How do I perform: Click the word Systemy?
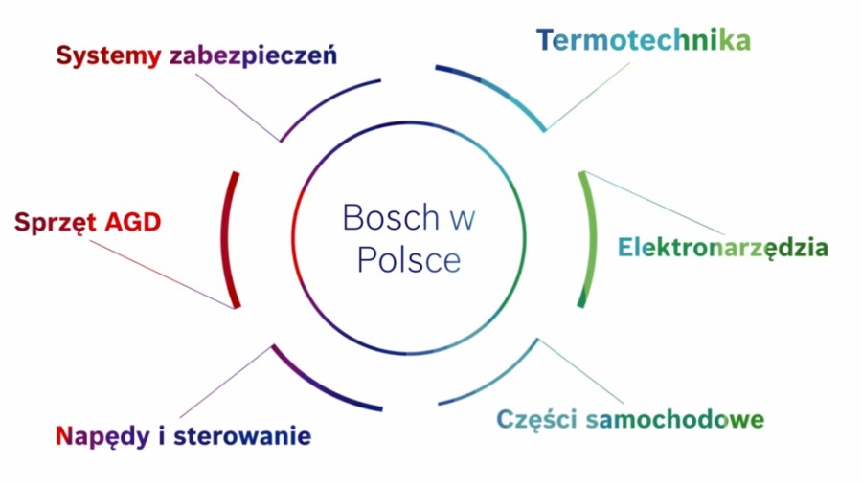(108, 56)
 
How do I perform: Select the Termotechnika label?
(644, 40)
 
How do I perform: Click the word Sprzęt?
(56, 223)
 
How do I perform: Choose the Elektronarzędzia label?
(723, 248)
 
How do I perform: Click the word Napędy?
(102, 437)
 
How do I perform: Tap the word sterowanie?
(242, 436)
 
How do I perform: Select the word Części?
(536, 420)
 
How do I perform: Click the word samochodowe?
(675, 419)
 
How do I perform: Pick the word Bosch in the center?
(391, 217)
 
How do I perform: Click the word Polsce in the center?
(409, 259)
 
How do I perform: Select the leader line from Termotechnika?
(588, 96)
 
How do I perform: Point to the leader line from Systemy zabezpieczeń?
(238, 107)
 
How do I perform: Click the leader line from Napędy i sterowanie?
(226, 382)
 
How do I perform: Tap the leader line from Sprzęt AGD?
(162, 275)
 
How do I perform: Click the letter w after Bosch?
(463, 219)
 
